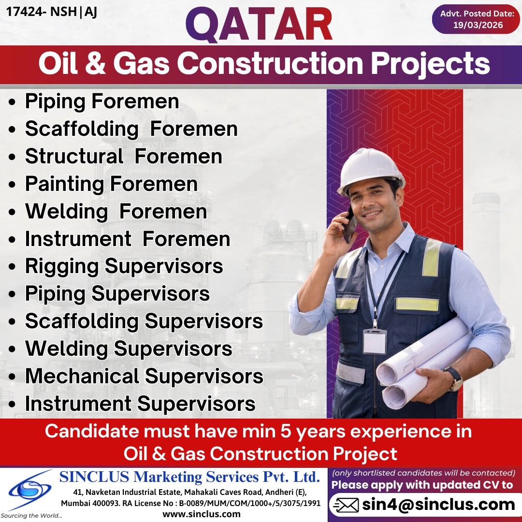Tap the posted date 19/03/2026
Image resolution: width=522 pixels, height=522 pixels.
[478, 26]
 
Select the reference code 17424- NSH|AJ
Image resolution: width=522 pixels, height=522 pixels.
[52, 12]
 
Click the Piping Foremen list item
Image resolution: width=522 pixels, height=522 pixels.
[102, 101]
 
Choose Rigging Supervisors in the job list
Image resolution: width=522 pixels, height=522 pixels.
[124, 266]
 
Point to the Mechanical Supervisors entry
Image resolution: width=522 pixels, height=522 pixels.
[144, 376]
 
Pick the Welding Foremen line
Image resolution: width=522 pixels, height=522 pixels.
[116, 212]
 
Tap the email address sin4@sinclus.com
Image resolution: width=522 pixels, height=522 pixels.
[438, 505]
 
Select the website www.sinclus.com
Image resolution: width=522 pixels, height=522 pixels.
[202, 514]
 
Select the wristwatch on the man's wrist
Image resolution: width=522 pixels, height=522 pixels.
[454, 377]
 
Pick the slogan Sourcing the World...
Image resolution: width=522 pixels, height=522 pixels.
[31, 516]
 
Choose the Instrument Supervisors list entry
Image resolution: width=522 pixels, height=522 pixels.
[140, 404]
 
